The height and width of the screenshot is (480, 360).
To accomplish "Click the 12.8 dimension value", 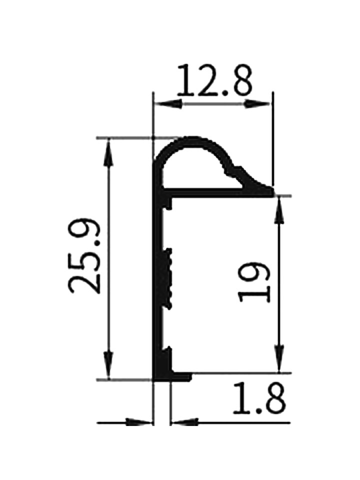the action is (215, 80).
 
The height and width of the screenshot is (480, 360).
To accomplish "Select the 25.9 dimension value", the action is (84, 256).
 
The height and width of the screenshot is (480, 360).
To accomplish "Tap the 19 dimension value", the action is (254, 282).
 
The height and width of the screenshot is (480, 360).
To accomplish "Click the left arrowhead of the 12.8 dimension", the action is (167, 104).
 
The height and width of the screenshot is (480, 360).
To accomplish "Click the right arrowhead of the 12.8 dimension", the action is (257, 104).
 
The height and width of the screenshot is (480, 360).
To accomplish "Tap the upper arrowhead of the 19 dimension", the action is (279, 210).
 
